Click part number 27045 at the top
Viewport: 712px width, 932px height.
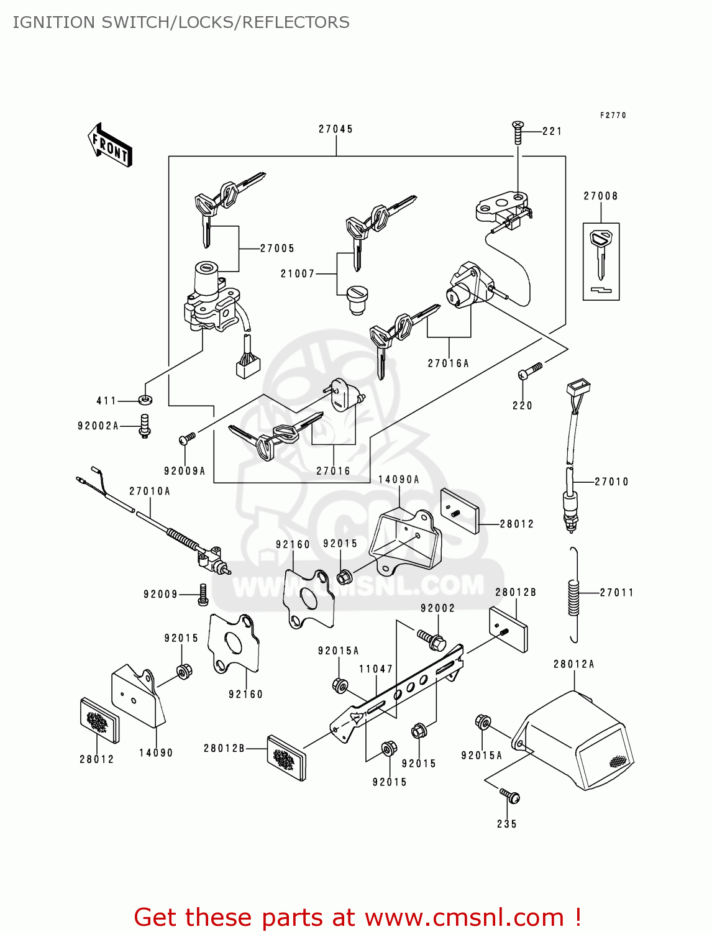335,129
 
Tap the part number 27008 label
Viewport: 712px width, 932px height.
601,196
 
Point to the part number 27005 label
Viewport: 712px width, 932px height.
277,249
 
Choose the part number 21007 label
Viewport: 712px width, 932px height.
298,274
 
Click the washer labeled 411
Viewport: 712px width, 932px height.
145,400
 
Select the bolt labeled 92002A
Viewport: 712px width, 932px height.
145,426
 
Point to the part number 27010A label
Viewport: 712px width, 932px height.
150,491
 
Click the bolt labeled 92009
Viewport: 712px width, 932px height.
203,595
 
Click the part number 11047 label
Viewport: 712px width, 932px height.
376,669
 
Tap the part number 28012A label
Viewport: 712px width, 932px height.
574,664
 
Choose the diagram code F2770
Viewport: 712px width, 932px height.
613,116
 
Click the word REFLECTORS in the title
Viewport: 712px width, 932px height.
296,22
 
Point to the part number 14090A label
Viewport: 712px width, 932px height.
399,480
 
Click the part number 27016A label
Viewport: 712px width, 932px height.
448,363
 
